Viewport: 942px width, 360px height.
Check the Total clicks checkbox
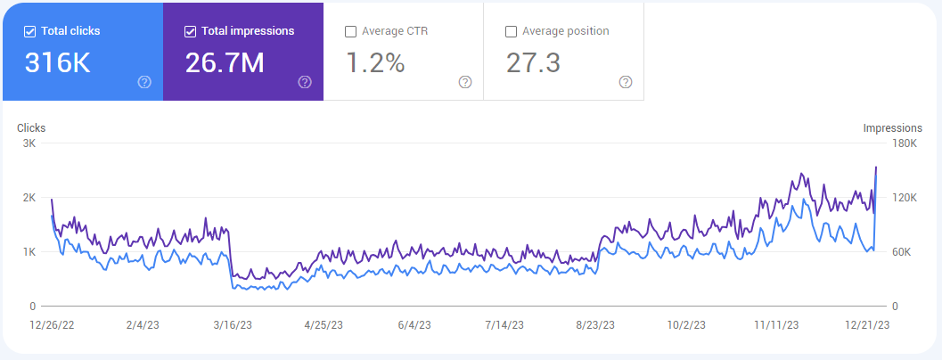pyautogui.click(x=29, y=31)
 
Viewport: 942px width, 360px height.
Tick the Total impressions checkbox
pyautogui.click(x=190, y=31)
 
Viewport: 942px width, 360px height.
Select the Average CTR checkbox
pyautogui.click(x=350, y=31)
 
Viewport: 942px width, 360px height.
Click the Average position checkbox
pyautogui.click(x=511, y=31)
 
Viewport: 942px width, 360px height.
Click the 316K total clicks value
pyautogui.click(x=57, y=63)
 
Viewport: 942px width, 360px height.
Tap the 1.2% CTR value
pyautogui.click(x=374, y=63)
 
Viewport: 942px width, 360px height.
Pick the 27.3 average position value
pyautogui.click(x=533, y=63)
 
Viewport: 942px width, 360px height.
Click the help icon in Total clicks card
pyautogui.click(x=144, y=82)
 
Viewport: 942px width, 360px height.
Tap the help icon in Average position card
pyautogui.click(x=626, y=82)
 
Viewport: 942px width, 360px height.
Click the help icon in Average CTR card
pyautogui.click(x=465, y=82)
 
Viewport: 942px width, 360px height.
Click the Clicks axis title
pyautogui.click(x=31, y=128)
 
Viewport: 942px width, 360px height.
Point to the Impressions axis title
pyautogui.click(x=892, y=128)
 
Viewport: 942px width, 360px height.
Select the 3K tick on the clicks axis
pyautogui.click(x=29, y=143)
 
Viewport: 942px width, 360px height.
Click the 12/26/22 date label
pyautogui.click(x=51, y=327)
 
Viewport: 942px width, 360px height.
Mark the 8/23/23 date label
pyautogui.click(x=595, y=327)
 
